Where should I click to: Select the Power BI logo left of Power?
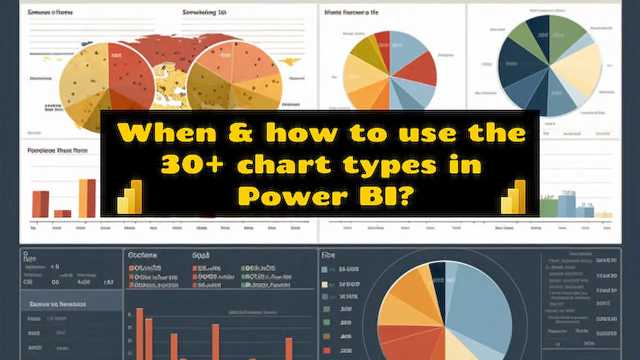(x=130, y=197)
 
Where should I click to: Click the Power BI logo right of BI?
(x=513, y=197)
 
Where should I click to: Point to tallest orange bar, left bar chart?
(x=87, y=197)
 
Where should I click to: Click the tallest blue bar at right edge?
(x=566, y=205)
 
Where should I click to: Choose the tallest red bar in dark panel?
(x=139, y=332)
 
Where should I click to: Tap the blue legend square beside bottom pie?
(x=324, y=270)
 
